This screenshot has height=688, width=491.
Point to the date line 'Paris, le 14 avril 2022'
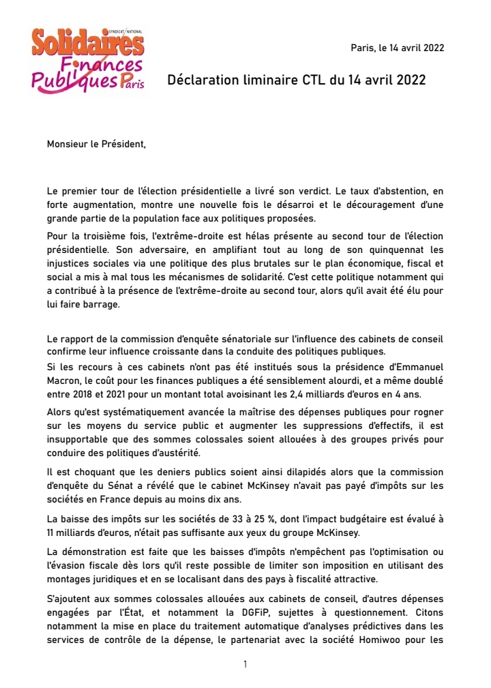[397, 48]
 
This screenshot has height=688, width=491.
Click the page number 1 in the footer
[245, 664]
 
